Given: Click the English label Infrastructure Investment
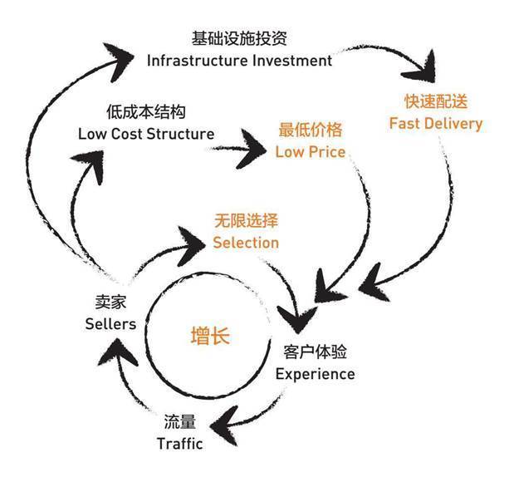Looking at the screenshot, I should (x=239, y=61).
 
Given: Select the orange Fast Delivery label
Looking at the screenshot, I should (x=436, y=124).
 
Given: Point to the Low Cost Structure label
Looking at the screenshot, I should (x=146, y=133).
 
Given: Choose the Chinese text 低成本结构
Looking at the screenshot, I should (x=146, y=111).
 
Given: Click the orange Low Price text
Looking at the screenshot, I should (x=311, y=152).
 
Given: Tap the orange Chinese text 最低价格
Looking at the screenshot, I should (x=311, y=130).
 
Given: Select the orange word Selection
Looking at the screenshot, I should (x=246, y=243).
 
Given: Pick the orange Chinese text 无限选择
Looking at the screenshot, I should (x=246, y=221).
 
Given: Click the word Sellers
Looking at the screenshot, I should (x=110, y=323).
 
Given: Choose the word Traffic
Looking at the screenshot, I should (x=179, y=443).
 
